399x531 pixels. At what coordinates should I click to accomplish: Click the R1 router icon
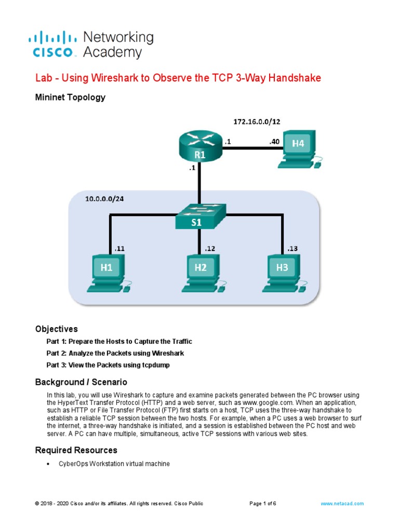[x=199, y=147]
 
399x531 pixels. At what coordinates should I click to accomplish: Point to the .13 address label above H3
[x=292, y=249]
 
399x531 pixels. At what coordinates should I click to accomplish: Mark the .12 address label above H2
[x=210, y=249]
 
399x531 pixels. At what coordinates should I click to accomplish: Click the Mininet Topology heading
[x=70, y=97]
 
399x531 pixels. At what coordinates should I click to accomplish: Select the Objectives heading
[x=56, y=329]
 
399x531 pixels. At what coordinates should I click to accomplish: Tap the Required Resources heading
[x=76, y=450]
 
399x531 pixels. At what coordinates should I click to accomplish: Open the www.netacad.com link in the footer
[x=342, y=504]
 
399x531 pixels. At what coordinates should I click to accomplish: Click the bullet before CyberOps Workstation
[x=48, y=464]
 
